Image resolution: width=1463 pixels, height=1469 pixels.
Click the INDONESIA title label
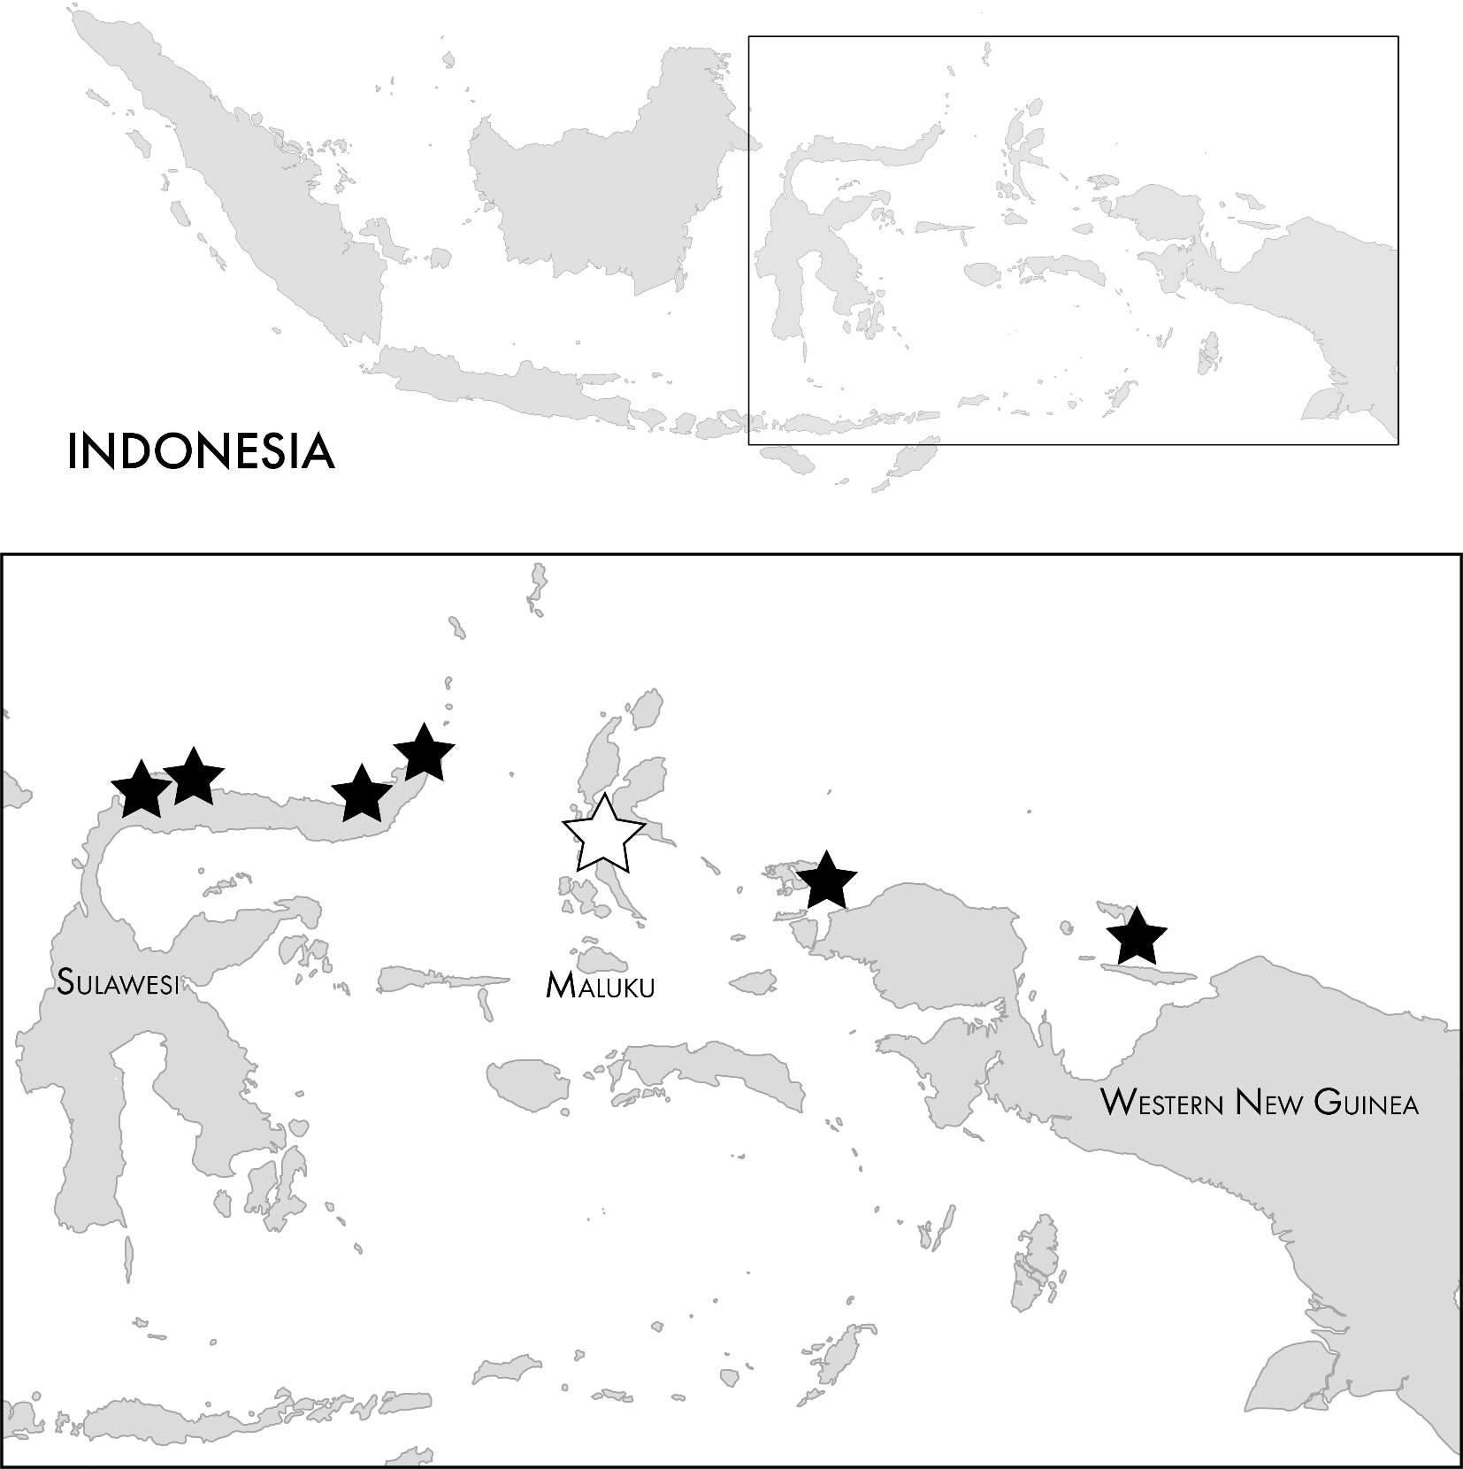(x=201, y=451)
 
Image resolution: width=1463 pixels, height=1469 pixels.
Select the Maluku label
(x=601, y=985)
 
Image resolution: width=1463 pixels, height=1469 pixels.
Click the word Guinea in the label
(x=1367, y=1103)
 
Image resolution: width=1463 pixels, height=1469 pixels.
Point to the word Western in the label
(x=1162, y=1103)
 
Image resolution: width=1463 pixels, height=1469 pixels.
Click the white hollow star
(x=604, y=834)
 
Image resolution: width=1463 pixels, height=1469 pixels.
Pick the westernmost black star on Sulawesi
(x=142, y=789)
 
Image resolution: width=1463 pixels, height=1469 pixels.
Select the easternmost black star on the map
(x=1137, y=936)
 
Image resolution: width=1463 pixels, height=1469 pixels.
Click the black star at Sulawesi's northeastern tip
(x=425, y=753)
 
